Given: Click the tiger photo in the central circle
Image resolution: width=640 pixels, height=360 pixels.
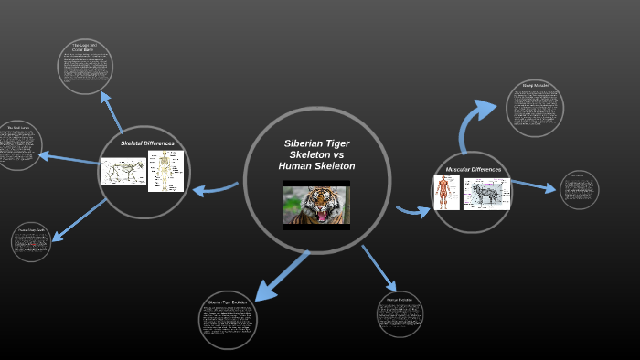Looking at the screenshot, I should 316,206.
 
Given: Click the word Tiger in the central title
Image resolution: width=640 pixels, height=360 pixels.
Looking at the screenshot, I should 335,144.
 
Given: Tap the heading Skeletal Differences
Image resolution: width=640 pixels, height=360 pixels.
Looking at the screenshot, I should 147,143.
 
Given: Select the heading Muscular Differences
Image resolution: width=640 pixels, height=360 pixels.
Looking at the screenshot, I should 473,169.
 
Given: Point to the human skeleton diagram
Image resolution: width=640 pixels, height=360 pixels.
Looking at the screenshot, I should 165,171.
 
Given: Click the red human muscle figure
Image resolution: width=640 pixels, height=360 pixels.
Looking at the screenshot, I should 445,193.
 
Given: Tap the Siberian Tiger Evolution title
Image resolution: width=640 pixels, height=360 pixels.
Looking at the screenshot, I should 228,302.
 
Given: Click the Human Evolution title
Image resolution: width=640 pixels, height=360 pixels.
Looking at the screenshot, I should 400,299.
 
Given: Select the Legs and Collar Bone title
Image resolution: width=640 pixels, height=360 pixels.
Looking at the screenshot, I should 84,48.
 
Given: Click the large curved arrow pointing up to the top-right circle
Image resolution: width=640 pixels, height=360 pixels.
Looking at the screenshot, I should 476,122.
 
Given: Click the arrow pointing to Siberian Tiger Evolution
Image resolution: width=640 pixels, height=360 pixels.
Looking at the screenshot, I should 280,275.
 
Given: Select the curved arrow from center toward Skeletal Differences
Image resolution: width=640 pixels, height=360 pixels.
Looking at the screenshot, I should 216,189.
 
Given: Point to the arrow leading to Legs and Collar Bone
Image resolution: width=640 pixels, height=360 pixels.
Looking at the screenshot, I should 112,111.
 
